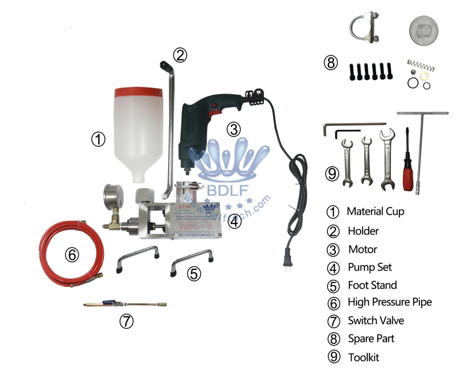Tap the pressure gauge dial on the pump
[x=111, y=195]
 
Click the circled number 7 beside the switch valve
[x=125, y=321]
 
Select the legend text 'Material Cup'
[x=375, y=211]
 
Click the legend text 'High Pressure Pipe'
[x=389, y=302]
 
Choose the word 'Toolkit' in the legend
[x=363, y=357]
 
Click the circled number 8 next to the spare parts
[x=331, y=62]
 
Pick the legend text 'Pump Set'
[x=370, y=267]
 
